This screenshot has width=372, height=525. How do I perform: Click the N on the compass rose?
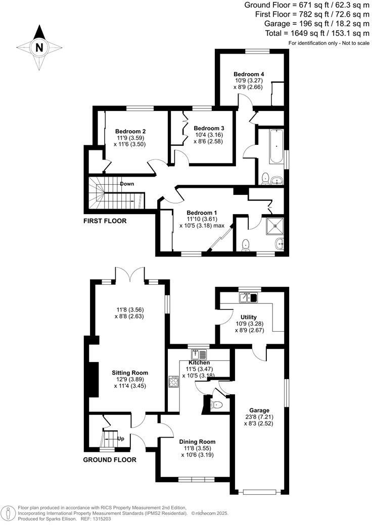(39, 48)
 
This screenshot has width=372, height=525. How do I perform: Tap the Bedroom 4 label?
(248, 74)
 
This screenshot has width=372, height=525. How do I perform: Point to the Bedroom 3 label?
(209, 128)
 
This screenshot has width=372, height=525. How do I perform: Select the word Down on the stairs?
(127, 184)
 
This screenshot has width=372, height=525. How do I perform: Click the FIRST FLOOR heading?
(105, 221)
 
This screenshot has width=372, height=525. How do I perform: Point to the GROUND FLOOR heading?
(110, 460)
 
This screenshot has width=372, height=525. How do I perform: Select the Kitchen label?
(200, 362)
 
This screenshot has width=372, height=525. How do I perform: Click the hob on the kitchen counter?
(173, 381)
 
